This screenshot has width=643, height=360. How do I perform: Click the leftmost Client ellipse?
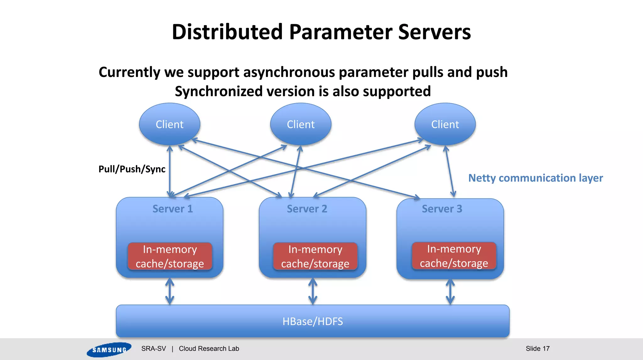point(170,124)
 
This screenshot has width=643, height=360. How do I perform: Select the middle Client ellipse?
point(300,124)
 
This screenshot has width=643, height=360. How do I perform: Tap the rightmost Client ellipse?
point(445,124)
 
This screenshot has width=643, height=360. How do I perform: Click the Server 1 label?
point(172,209)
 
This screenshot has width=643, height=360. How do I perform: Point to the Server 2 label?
point(307,209)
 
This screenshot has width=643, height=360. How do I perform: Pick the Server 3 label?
point(442,209)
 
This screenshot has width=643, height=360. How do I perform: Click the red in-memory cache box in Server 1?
point(170,256)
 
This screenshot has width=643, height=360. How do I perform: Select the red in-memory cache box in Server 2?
point(315,256)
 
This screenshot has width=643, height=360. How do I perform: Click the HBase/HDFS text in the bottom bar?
point(312,321)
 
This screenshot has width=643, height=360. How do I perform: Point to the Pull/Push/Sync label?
point(132,169)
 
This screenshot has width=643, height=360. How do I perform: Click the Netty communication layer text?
point(535,178)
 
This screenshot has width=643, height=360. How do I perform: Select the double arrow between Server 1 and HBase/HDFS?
point(170,291)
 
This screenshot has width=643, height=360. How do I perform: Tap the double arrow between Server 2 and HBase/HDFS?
point(313,291)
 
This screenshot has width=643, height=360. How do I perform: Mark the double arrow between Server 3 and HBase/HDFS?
point(450,292)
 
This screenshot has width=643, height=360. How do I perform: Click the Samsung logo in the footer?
point(109,349)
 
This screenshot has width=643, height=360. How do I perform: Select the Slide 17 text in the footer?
point(538,348)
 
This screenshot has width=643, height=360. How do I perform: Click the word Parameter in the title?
point(340,32)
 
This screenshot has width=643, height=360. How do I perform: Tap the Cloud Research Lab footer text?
point(209,348)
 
